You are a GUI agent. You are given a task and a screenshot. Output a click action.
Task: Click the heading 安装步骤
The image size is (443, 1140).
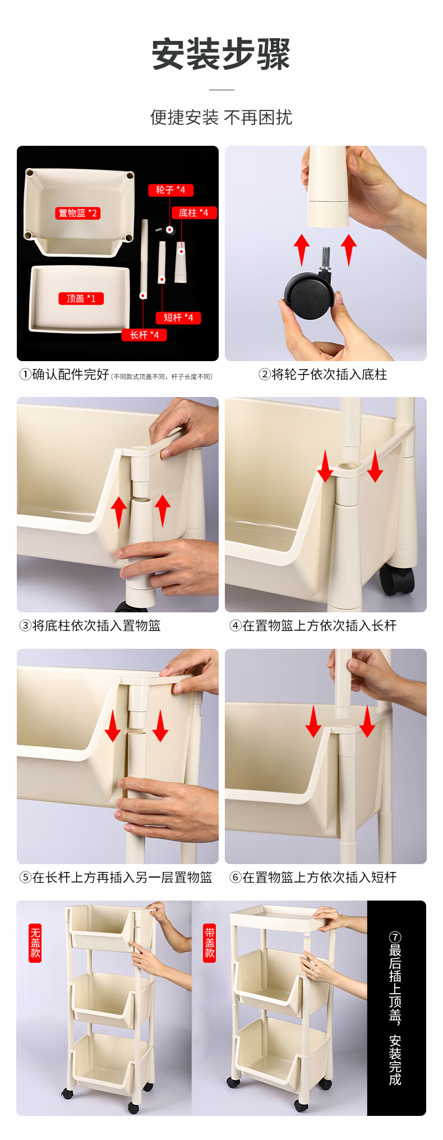(x=221, y=54)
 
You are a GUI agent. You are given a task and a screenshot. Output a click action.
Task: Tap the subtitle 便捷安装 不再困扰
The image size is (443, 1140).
(x=221, y=118)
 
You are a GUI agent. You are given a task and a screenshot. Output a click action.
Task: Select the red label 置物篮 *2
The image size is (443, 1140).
(x=78, y=213)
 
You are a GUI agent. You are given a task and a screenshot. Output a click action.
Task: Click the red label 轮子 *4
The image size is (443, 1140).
(x=170, y=190)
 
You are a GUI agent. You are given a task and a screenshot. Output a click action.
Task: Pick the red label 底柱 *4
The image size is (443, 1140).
(x=193, y=213)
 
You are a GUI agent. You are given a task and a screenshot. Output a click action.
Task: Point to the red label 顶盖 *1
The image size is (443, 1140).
(x=81, y=298)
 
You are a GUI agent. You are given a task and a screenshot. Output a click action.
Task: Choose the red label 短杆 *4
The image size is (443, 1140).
(x=178, y=318)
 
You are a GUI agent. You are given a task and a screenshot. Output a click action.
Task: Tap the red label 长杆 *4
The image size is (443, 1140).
(x=145, y=335)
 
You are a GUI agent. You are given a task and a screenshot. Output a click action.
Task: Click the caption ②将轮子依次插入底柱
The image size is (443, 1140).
(x=323, y=375)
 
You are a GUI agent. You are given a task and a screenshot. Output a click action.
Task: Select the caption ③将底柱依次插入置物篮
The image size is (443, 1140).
(x=90, y=626)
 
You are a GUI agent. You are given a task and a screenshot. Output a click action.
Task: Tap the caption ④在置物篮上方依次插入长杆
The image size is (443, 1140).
(x=313, y=626)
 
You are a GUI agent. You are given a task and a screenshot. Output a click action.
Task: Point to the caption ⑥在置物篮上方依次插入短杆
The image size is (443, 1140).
(x=313, y=878)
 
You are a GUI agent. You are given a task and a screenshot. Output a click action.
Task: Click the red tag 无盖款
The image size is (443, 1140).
(x=35, y=943)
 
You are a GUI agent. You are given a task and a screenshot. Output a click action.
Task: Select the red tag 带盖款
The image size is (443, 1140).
(x=210, y=943)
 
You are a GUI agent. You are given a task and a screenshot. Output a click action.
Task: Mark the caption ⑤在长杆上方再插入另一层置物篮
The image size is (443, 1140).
(x=116, y=878)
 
